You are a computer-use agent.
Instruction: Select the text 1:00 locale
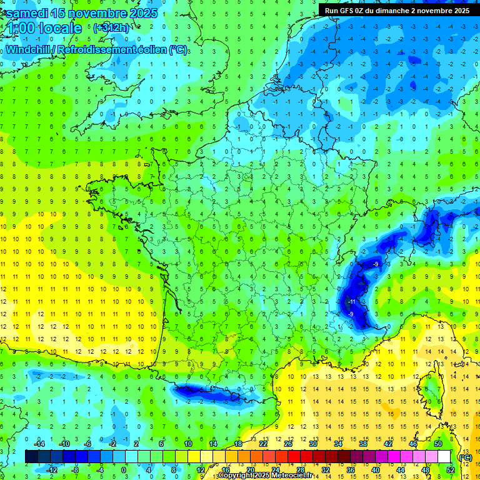(x=42, y=28)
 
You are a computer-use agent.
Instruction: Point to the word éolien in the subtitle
(x=149, y=49)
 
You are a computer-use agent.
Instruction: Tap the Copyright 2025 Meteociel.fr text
(x=274, y=476)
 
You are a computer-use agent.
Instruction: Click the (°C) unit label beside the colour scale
(x=465, y=457)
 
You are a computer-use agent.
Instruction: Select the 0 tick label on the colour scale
(x=123, y=470)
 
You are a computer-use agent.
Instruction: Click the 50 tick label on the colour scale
(x=437, y=443)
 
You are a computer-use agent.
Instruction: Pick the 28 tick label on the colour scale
(x=300, y=470)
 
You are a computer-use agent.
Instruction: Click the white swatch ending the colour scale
(x=444, y=457)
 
